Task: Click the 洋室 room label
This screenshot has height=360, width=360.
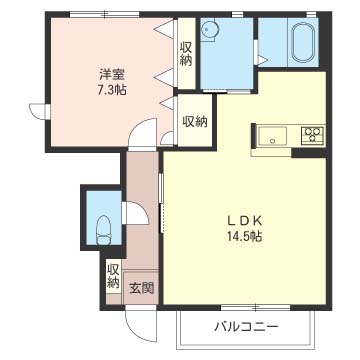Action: pyautogui.click(x=112, y=75)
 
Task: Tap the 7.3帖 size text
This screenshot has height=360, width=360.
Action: pyautogui.click(x=112, y=90)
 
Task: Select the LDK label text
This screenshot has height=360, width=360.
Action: pyautogui.click(x=245, y=220)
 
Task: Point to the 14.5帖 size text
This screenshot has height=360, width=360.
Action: pyautogui.click(x=245, y=236)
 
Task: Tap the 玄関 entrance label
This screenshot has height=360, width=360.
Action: pyautogui.click(x=142, y=288)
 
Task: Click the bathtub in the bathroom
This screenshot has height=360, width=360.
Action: pyautogui.click(x=304, y=42)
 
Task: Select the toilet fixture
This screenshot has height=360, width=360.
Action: pyautogui.click(x=104, y=230)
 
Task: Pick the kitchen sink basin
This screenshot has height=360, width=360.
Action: pyautogui.click(x=272, y=136)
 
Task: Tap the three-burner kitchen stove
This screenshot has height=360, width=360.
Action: pyautogui.click(x=313, y=136)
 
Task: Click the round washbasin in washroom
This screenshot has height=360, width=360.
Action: pyautogui.click(x=209, y=30)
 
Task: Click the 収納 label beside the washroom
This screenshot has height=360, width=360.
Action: pyautogui.click(x=186, y=54)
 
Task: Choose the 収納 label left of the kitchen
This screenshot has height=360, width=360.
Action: pyautogui.click(x=195, y=122)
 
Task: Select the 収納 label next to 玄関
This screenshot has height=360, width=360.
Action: pyautogui.click(x=114, y=276)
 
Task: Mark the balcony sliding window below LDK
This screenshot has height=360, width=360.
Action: pyautogui.click(x=256, y=307)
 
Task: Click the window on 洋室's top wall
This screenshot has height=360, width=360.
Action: pyautogui.click(x=104, y=14)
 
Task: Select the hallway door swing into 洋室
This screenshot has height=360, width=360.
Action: pyautogui.click(x=143, y=133)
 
